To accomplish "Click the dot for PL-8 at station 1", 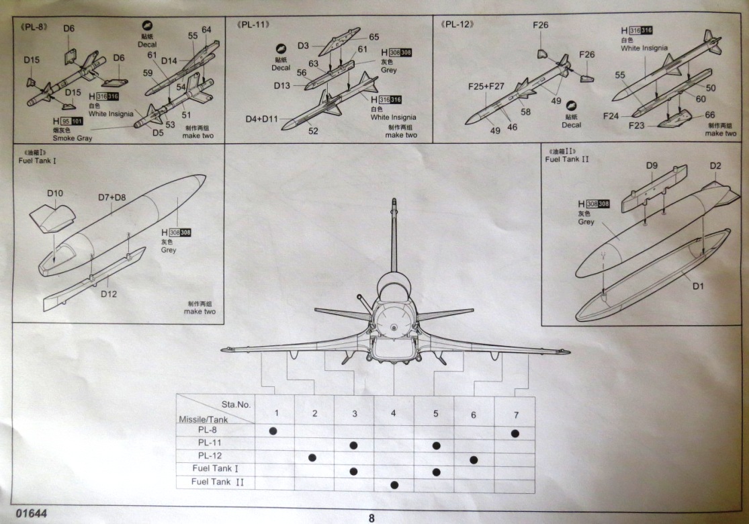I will [x=273, y=429].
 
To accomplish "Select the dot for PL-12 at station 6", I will [x=474, y=460].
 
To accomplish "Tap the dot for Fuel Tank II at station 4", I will [x=394, y=484].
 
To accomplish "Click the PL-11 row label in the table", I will [x=212, y=443].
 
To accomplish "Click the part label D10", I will [x=55, y=193].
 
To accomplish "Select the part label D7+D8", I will [x=112, y=198].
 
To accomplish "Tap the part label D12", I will [x=109, y=294].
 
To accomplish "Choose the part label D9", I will [x=652, y=165].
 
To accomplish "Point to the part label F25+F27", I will [x=486, y=87].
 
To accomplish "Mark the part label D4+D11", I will [x=261, y=119].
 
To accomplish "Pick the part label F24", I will [x=611, y=116].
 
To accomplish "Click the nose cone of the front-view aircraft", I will [x=392, y=327].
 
